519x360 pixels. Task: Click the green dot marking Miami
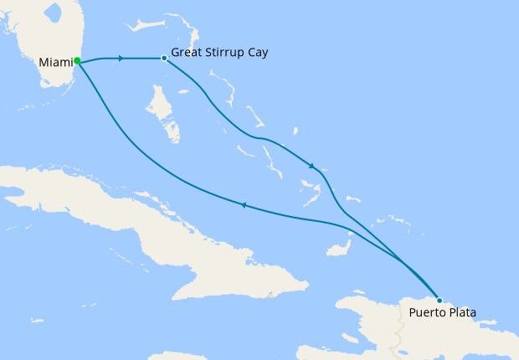point(77,60)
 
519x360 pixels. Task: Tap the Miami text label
point(55,62)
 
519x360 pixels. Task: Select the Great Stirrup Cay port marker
point(163,59)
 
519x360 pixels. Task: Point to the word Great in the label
point(186,53)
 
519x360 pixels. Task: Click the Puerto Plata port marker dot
point(439,300)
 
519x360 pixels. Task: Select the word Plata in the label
point(461,314)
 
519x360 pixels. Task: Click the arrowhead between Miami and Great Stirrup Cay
point(122,59)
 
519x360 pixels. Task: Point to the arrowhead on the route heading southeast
point(312,166)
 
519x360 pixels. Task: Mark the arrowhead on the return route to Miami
point(244,204)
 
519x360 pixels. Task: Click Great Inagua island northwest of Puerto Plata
point(340,249)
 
